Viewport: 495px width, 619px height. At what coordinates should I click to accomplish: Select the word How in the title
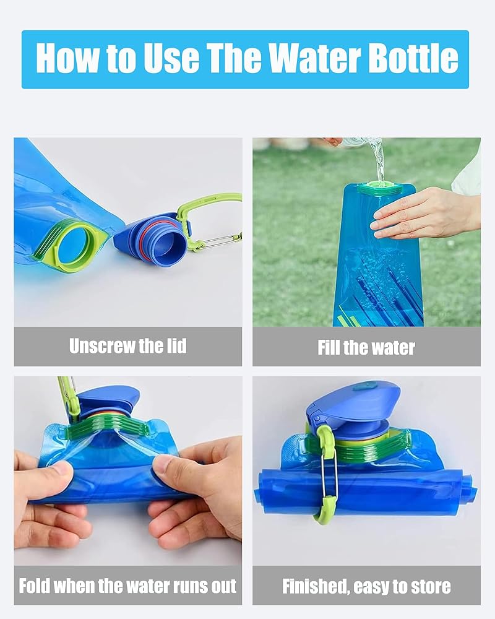67,58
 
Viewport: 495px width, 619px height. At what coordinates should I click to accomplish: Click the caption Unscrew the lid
128,346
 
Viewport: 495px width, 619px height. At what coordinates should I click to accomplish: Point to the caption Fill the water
366,348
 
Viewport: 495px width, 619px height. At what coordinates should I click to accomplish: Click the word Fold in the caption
35,586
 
